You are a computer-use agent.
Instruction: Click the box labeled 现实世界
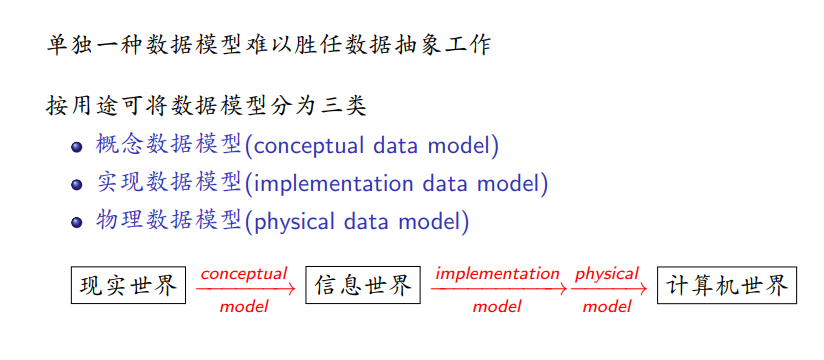tap(128, 285)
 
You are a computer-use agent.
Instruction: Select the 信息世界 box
tap(363, 285)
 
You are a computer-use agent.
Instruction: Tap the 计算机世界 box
tap(727, 285)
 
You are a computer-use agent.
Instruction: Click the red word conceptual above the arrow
tap(244, 274)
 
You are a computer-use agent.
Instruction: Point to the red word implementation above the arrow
tap(497, 274)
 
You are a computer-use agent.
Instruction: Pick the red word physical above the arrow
tap(606, 274)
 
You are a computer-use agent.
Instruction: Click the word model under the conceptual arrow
tap(244, 306)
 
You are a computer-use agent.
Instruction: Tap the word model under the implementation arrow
tap(497, 306)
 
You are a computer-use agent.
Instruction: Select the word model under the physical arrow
tap(606, 306)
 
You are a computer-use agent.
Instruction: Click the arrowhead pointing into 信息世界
tap(291, 289)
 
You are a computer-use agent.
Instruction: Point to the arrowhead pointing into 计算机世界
tap(643, 289)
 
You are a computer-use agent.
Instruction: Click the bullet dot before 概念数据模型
tap(77, 147)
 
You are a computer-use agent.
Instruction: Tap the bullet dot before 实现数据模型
tap(77, 184)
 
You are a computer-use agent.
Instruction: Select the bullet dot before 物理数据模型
tap(77, 222)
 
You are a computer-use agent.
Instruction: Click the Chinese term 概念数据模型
tap(169, 145)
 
